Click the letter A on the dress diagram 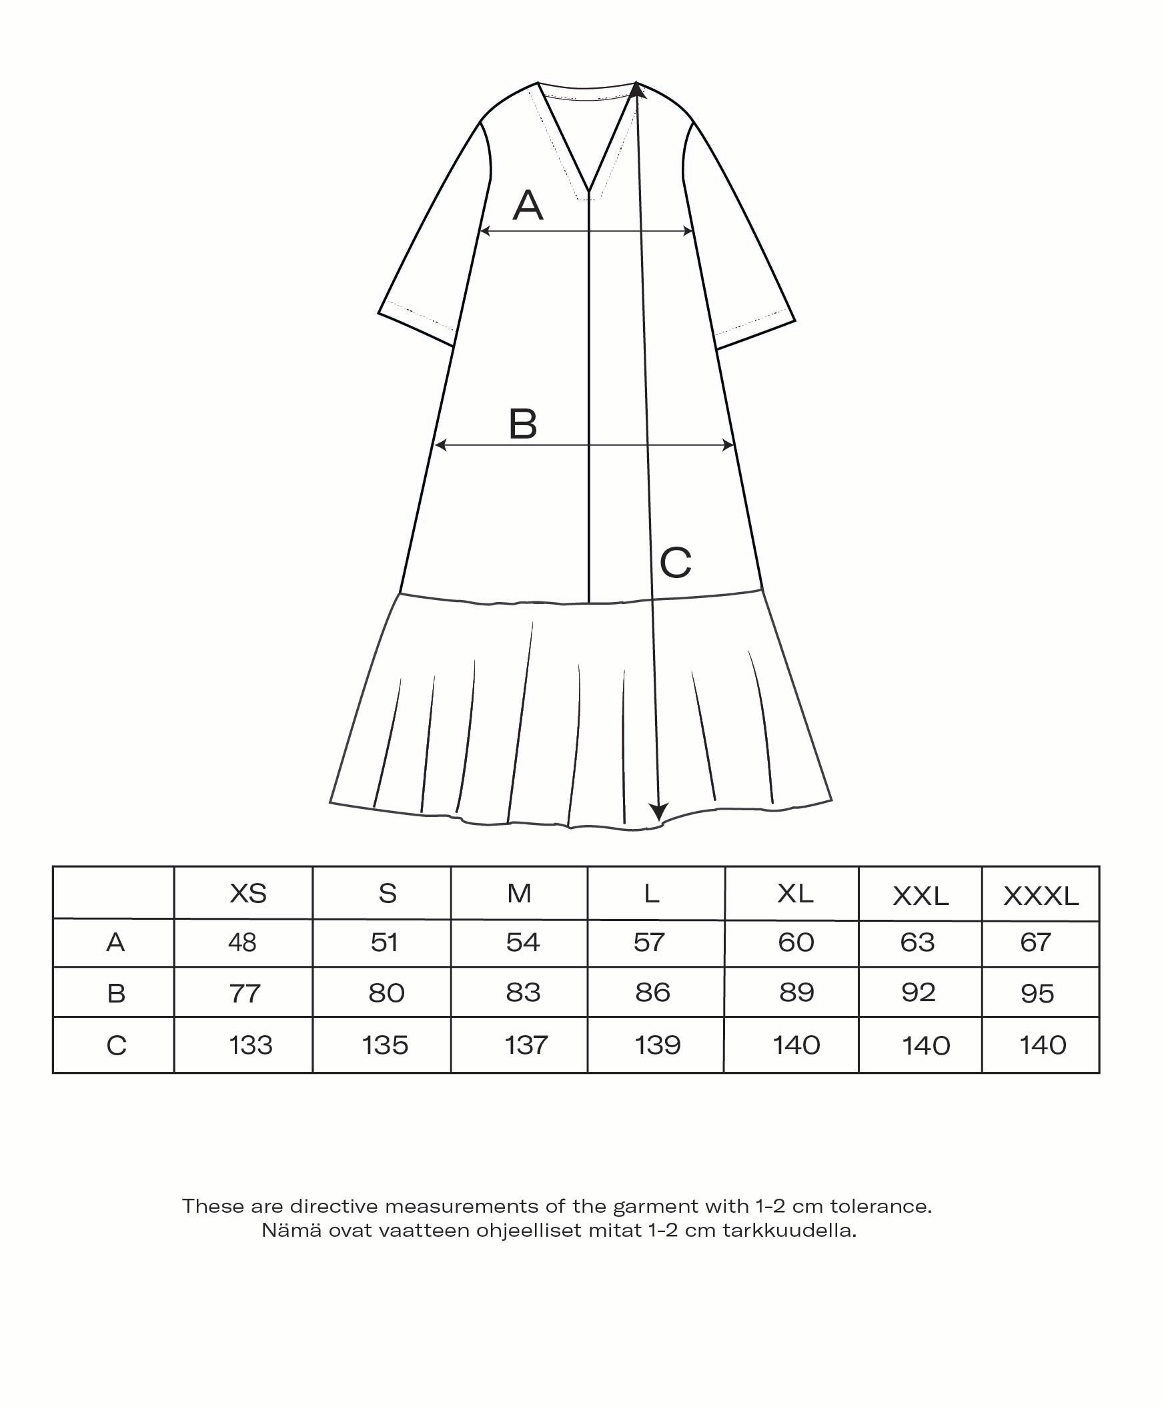528,206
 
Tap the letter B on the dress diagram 523,424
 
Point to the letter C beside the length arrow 675,563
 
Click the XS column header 247,893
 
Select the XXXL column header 1041,896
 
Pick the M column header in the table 520,893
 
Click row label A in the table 115,943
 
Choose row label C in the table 116,1045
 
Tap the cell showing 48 242,943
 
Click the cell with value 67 1035,943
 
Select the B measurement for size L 652,993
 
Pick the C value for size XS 251,1045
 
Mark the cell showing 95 1037,994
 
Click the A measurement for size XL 796,943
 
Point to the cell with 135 385,1045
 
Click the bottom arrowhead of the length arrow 659,812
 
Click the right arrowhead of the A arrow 688,231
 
